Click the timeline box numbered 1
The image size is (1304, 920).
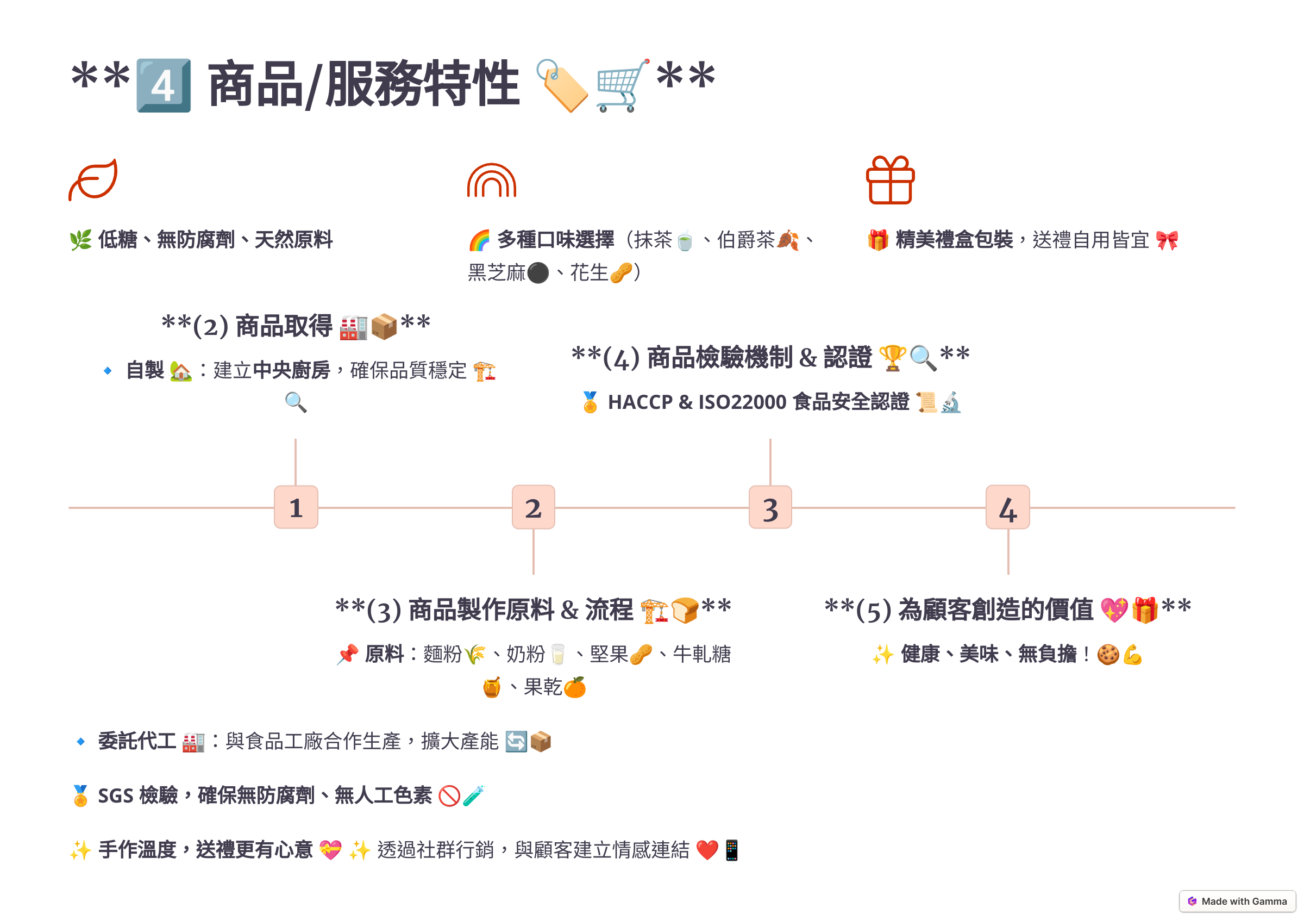tap(296, 507)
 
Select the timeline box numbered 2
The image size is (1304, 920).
tap(534, 507)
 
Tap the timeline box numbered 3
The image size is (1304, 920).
tap(770, 507)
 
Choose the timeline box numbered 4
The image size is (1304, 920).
tap(1007, 507)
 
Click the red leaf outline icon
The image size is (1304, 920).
tap(93, 179)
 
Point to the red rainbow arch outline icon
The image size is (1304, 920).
tap(492, 180)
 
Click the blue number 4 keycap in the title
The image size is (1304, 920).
tap(164, 85)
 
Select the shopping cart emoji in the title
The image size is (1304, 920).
tap(623, 85)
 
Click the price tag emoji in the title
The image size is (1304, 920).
tap(562, 85)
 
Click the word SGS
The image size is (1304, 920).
tap(116, 795)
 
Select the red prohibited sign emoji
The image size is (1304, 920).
tap(449, 795)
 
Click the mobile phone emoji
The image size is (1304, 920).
tap(731, 850)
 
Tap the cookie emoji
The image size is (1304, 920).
tap(1107, 655)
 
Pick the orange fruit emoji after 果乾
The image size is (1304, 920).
tap(575, 688)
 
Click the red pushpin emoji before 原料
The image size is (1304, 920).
tap(347, 655)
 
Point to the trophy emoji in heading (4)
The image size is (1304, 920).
tap(892, 358)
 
